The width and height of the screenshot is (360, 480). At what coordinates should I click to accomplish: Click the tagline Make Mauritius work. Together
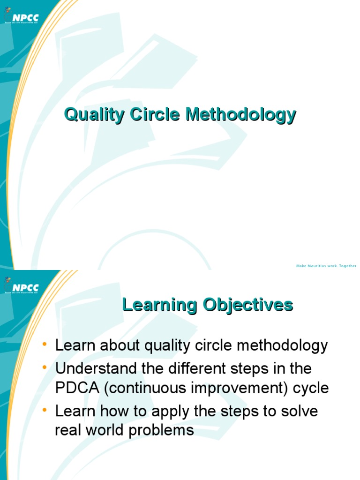click(326, 266)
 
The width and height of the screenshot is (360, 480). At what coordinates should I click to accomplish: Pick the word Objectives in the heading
click(248, 305)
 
